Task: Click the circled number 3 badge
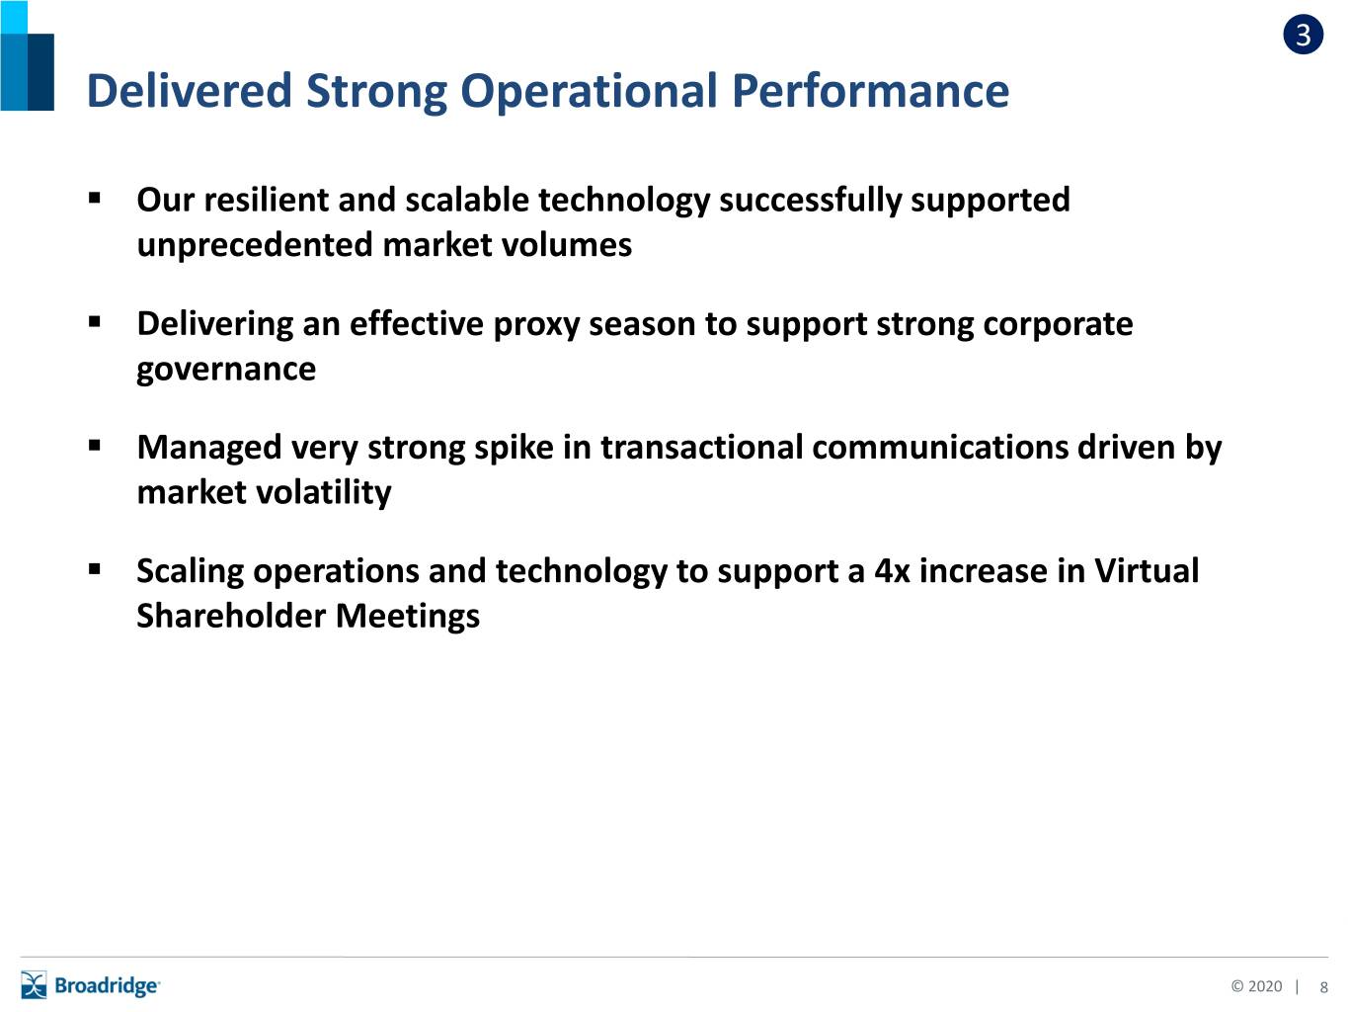click(1303, 35)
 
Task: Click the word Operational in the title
click(589, 91)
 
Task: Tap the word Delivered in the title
click(190, 91)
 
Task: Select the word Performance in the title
click(870, 91)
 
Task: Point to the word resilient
click(268, 200)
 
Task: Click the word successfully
click(810, 202)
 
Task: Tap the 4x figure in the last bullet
click(892, 571)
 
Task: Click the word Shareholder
click(231, 617)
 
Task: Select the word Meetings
click(407, 617)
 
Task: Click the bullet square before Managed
click(94, 445)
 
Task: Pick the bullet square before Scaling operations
click(94, 568)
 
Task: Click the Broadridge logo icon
click(34, 985)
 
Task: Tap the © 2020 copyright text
click(1256, 986)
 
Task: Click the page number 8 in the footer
click(1324, 987)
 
